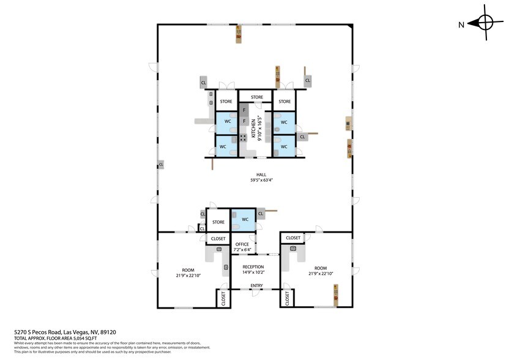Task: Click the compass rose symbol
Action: point(485,23)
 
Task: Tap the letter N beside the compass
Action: point(462,24)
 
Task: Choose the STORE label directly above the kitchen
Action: point(257,97)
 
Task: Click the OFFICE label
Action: point(242,244)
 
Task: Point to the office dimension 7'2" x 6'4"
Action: point(242,250)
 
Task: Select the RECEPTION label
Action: point(253,267)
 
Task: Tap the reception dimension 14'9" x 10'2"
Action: point(253,272)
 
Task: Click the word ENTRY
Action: point(256,285)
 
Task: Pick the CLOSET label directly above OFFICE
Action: point(218,238)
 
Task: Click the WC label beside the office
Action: point(244,219)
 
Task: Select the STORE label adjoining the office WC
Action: point(218,222)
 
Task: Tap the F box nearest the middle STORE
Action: point(244,110)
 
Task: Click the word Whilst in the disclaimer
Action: point(20,343)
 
